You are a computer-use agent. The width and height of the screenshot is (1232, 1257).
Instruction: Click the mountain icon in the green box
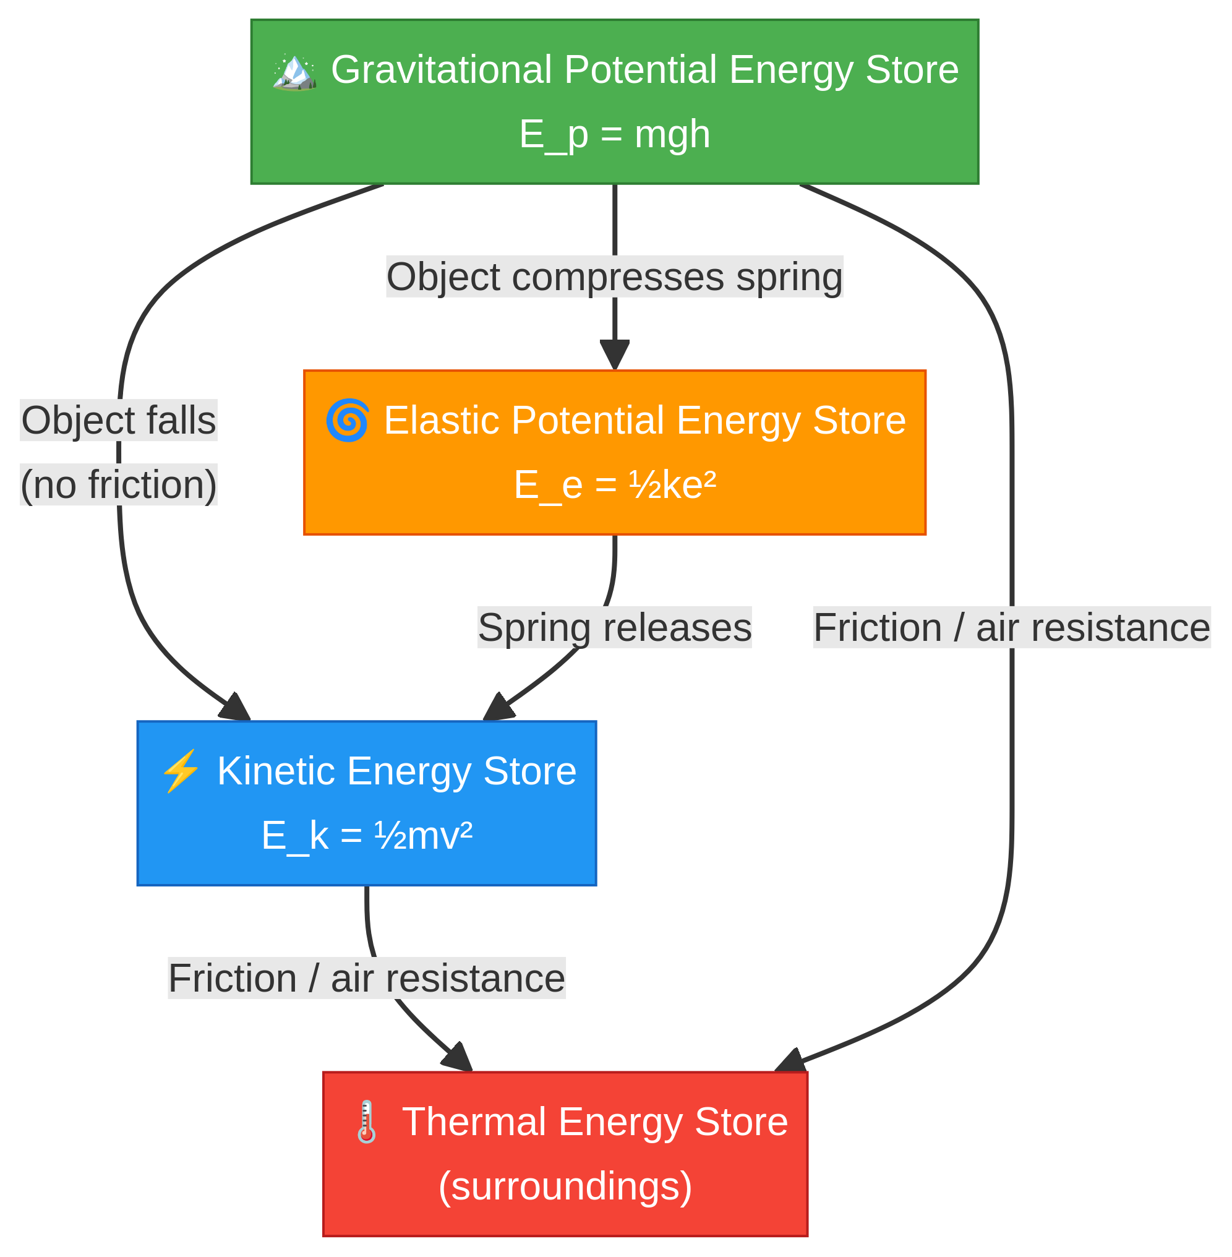tap(294, 72)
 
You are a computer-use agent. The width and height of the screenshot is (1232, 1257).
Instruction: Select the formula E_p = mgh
tap(614, 135)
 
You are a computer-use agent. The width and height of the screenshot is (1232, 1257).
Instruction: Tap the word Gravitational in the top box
tap(440, 70)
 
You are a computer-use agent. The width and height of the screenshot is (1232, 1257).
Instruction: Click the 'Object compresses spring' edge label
tap(614, 277)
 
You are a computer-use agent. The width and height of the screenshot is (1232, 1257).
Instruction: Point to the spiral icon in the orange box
tap(348, 421)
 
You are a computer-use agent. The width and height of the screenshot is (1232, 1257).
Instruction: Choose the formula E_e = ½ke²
tap(614, 485)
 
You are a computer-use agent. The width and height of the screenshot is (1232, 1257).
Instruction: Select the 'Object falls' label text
tap(118, 421)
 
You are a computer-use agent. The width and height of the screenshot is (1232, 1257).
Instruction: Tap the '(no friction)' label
tap(118, 485)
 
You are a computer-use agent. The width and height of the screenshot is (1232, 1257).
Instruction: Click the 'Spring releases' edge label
tap(614, 628)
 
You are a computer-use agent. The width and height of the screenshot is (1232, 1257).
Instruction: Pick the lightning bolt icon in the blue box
tap(181, 771)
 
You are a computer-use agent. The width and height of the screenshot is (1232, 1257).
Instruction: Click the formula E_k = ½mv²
tap(367, 836)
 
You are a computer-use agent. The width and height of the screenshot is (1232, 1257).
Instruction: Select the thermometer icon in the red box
tap(366, 1122)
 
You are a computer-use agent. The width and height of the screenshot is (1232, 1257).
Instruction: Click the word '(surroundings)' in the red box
tap(565, 1186)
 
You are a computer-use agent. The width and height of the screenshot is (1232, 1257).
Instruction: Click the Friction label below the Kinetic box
tap(367, 978)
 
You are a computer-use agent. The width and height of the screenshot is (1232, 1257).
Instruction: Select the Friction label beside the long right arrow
tap(1011, 628)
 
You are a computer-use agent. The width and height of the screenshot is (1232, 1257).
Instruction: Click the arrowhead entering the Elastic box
tap(614, 356)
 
